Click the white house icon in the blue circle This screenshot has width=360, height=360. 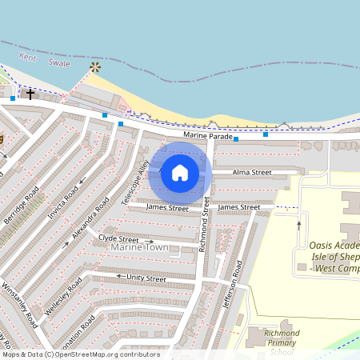click(x=180, y=172)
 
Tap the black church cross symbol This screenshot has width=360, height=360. click(x=30, y=94)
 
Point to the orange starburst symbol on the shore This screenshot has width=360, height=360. click(x=96, y=67)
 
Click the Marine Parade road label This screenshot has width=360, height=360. click(x=207, y=136)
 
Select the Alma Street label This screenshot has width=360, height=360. click(x=252, y=172)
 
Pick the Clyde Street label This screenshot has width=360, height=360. click(x=118, y=238)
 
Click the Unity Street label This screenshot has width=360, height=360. click(x=146, y=278)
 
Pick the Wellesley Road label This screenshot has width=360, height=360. click(x=64, y=297)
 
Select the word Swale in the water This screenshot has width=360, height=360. click(x=58, y=63)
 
